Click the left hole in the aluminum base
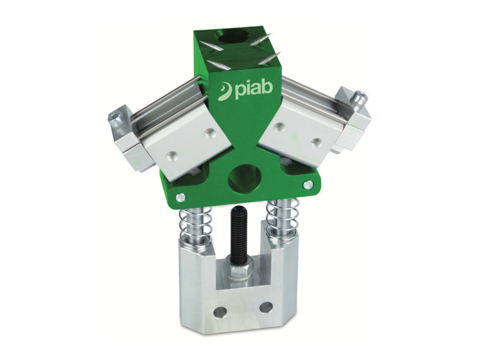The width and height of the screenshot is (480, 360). [x=219, y=311]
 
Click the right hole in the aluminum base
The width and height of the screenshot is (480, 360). [x=266, y=306]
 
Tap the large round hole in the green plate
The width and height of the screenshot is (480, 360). [x=244, y=177]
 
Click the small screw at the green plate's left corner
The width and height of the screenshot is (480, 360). [x=181, y=196]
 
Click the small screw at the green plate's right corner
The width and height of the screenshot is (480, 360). [x=308, y=184]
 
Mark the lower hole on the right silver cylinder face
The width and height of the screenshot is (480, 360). [x=315, y=143]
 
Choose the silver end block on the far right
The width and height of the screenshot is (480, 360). [x=353, y=120]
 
